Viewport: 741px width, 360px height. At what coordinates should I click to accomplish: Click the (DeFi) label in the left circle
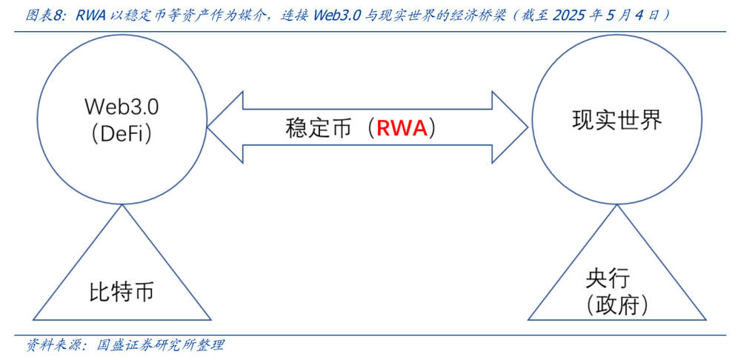(121, 134)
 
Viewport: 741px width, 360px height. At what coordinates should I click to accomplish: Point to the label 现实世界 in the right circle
(617, 121)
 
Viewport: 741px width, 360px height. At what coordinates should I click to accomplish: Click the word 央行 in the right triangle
(608, 279)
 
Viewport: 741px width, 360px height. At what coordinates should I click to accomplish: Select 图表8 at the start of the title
(42, 16)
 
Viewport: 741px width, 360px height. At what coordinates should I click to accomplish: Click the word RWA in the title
(91, 16)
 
